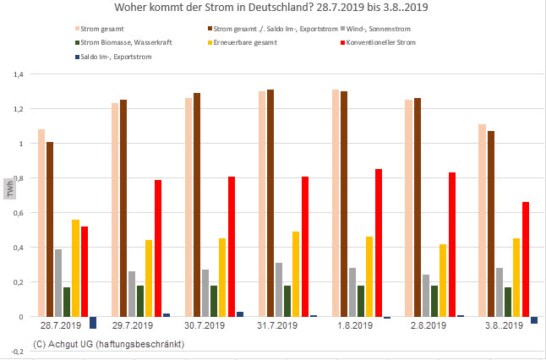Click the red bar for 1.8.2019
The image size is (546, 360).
(x=379, y=243)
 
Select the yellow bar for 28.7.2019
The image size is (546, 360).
(x=75, y=268)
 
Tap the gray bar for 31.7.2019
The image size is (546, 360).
(x=279, y=289)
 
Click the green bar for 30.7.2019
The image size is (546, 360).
(x=215, y=301)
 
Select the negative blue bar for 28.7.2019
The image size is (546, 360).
(x=93, y=323)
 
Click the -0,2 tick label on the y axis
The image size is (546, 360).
(x=16, y=351)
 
